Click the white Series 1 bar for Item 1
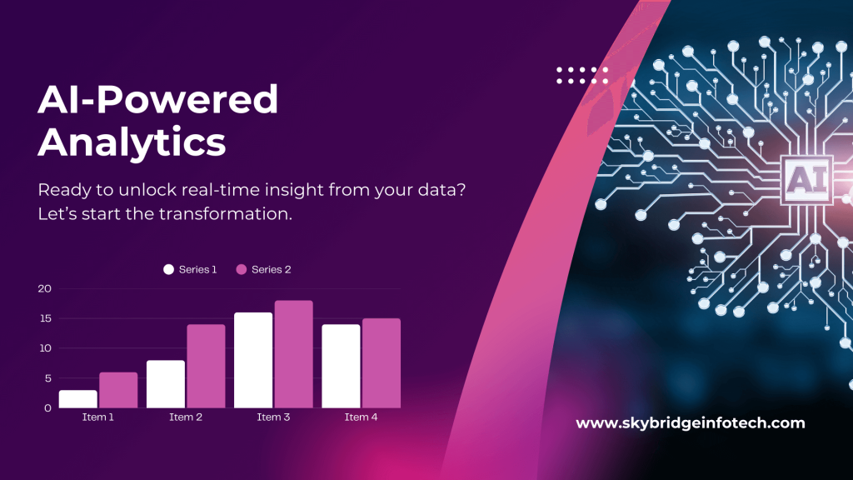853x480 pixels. click(77, 399)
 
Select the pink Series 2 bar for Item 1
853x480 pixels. click(118, 390)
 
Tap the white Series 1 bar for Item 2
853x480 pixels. click(166, 384)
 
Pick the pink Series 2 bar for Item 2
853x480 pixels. click(206, 366)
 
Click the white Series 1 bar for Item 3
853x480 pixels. click(253, 360)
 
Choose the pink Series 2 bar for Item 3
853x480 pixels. click(293, 354)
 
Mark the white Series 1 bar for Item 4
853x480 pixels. click(341, 366)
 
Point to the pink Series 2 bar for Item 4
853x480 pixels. click(382, 363)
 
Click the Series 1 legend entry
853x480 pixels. click(191, 269)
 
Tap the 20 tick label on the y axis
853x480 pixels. click(44, 288)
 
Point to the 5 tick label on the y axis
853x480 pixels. click(47, 378)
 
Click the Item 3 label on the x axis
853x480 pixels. click(273, 417)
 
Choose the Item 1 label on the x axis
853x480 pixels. click(98, 417)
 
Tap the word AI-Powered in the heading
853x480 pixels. click(158, 100)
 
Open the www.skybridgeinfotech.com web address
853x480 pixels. click(691, 423)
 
